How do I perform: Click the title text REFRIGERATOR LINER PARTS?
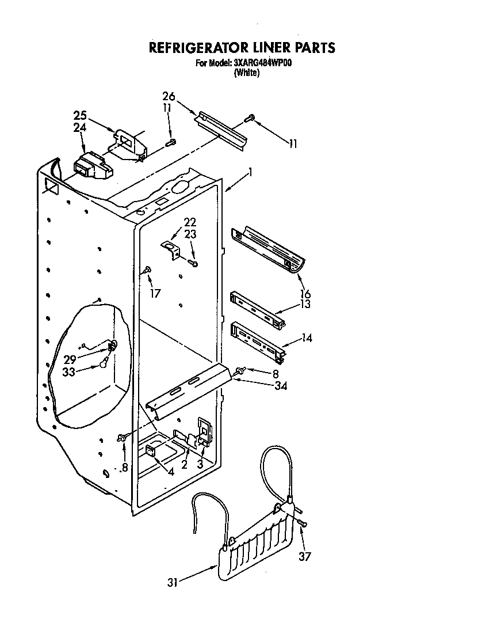pyautogui.click(x=242, y=47)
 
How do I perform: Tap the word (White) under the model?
pyautogui.click(x=246, y=73)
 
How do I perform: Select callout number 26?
pyautogui.click(x=168, y=96)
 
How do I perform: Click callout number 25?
pyautogui.click(x=81, y=115)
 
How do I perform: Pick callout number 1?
pyautogui.click(x=250, y=172)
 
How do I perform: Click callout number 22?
pyautogui.click(x=190, y=222)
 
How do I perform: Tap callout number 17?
pyautogui.click(x=155, y=293)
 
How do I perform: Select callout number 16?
pyautogui.click(x=305, y=294)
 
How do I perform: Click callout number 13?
pyautogui.click(x=305, y=304)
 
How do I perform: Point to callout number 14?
pyautogui.click(x=307, y=339)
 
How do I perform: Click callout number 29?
pyautogui.click(x=70, y=359)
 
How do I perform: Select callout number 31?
pyautogui.click(x=173, y=583)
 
